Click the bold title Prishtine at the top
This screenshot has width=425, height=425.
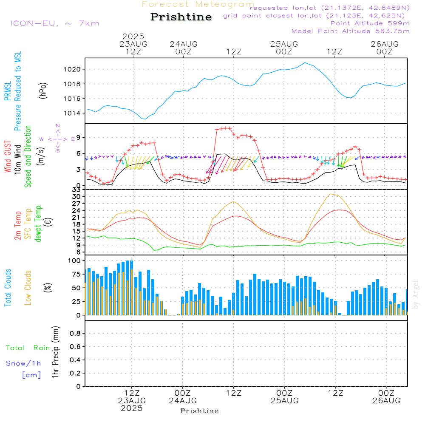tap(181, 17)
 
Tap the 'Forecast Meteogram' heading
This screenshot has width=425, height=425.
tap(198, 4)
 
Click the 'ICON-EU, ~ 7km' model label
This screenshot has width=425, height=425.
tap(55, 23)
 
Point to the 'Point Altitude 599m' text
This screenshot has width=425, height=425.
tap(370, 23)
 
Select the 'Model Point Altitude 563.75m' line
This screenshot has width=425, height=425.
tap(351, 31)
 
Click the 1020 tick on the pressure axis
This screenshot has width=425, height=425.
tap(72, 69)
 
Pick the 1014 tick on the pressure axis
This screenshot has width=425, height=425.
tap(72, 113)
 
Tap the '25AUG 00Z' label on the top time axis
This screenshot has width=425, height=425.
tap(284, 48)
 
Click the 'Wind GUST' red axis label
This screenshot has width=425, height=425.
tap(8, 156)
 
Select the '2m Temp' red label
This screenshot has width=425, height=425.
tap(17, 226)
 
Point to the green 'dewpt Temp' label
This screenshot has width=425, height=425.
tap(38, 224)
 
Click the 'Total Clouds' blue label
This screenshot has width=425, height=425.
tap(8, 288)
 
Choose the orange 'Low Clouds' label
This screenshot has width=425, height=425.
tap(28, 288)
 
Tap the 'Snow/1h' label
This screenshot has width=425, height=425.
tap(23, 363)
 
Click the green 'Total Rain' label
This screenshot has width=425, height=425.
tap(28, 348)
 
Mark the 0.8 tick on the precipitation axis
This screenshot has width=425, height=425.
tap(75, 333)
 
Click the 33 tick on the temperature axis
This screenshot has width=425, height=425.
tap(76, 190)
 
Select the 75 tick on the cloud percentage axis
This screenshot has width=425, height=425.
tap(76, 274)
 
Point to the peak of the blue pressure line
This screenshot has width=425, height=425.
tap(305, 62)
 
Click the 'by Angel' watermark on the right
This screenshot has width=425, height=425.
tap(416, 295)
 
